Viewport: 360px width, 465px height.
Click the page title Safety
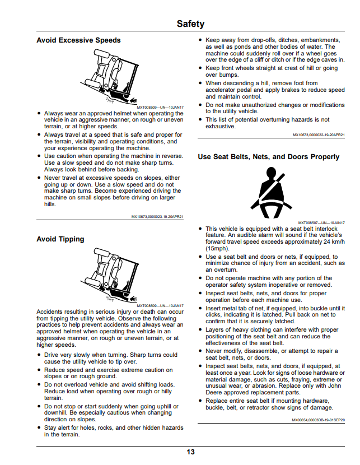tap(190, 24)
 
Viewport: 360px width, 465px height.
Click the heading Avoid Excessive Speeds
tap(78, 40)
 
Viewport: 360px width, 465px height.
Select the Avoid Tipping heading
tap(60, 239)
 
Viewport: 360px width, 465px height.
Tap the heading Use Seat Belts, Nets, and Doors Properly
tap(268, 157)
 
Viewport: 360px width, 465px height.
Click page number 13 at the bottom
tap(190, 452)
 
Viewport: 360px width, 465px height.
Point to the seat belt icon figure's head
tap(271, 173)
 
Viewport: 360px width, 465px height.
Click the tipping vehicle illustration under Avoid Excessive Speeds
tap(109, 77)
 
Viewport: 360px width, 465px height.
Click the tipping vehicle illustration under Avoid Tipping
tap(109, 275)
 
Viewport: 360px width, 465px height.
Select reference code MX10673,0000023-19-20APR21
tap(157, 217)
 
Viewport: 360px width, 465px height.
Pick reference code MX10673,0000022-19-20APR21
tap(319, 135)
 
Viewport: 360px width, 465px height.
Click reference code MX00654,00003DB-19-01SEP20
tap(319, 420)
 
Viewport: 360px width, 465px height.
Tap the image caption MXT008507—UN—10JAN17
tap(321, 223)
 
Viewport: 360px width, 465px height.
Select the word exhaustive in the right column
tap(221, 126)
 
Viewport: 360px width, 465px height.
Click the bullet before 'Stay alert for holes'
tap(39, 427)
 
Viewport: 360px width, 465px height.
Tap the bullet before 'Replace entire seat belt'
tap(200, 401)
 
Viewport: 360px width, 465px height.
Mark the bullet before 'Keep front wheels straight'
tap(200, 68)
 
